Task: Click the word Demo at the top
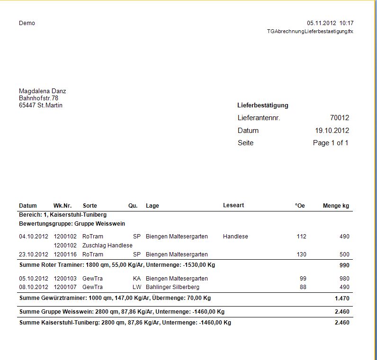coord(27,23)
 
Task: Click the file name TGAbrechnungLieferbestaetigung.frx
coord(310,31)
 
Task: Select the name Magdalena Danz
coord(42,91)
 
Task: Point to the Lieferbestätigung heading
coord(263,105)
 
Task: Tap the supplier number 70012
coord(339,118)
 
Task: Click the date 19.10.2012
coord(332,131)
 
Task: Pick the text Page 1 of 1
coord(331,143)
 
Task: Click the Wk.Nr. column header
coord(63,206)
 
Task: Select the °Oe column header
coord(300,206)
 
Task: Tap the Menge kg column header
coord(336,206)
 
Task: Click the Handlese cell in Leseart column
coord(235,237)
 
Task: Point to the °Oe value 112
coord(301,237)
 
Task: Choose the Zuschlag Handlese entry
coord(107,246)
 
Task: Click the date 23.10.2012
coord(34,255)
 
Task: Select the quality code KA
coord(137,279)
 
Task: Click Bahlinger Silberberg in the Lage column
coord(172,287)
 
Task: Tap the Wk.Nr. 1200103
coord(65,279)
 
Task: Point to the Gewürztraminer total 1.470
coord(341,299)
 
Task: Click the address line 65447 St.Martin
coord(40,105)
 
